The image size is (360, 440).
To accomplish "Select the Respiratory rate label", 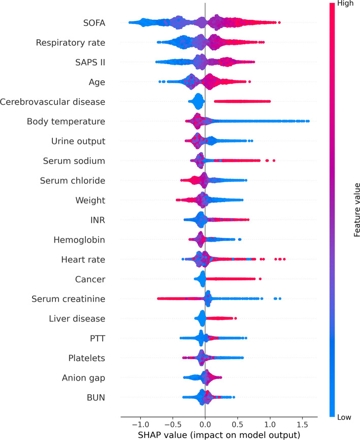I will click(x=71, y=42).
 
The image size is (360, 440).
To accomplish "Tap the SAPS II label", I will click(x=87, y=62).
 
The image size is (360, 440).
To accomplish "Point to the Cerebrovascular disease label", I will click(x=53, y=102).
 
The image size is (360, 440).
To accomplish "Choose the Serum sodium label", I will click(x=74, y=161).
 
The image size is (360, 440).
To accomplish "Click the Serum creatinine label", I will click(x=68, y=299).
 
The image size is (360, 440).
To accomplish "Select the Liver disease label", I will click(x=77, y=319).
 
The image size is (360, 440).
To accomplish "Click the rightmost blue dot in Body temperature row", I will click(x=308, y=121).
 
